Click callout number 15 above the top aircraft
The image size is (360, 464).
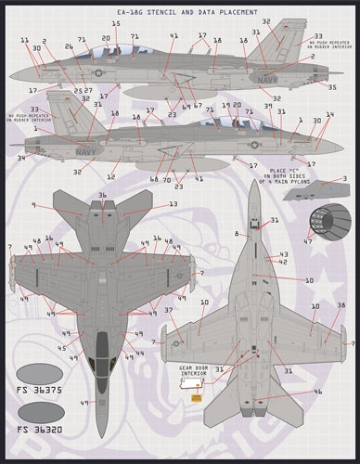coord(116,24)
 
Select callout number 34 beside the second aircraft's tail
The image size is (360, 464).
coord(21,158)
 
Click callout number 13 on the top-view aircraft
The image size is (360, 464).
coord(173,204)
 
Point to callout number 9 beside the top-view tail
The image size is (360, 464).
coord(33,206)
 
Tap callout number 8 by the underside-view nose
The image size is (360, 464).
coord(238,233)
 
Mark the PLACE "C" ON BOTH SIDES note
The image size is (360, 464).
coord(288,174)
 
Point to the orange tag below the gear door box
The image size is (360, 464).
coord(196,397)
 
